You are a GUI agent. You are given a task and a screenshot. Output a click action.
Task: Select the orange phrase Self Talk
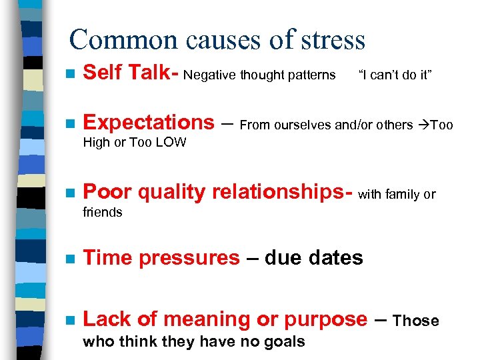tap(126, 74)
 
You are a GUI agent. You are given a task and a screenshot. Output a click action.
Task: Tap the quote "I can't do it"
tap(395, 75)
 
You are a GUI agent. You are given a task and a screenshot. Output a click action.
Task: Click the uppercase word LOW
tap(170, 143)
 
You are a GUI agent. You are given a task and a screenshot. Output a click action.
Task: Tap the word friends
tap(102, 213)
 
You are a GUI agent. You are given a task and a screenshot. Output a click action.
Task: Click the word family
tap(402, 195)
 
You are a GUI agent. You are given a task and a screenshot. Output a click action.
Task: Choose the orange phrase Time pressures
tap(161, 257)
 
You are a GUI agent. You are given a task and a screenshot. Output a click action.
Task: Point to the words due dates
tap(313, 257)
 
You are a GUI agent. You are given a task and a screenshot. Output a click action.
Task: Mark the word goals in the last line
tap(285, 342)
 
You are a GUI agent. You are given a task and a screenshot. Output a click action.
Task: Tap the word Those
tap(416, 321)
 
